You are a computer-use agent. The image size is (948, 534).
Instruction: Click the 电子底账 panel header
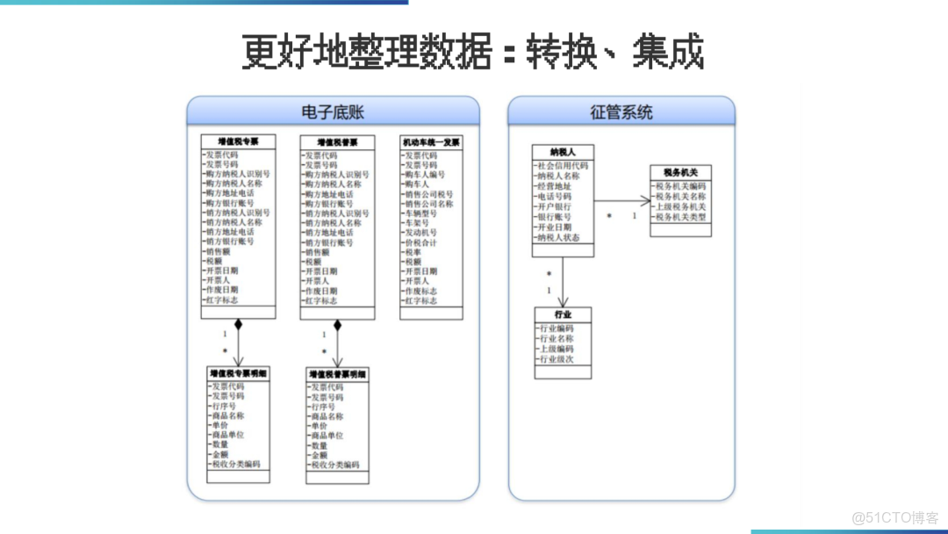(x=333, y=112)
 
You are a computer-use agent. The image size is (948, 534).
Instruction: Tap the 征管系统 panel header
(x=621, y=112)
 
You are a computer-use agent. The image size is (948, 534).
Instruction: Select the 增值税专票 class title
(x=238, y=141)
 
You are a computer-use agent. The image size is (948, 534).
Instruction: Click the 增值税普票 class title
(x=337, y=142)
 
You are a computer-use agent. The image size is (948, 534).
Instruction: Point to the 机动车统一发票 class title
(x=431, y=142)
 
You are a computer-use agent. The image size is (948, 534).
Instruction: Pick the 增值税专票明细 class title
(x=239, y=374)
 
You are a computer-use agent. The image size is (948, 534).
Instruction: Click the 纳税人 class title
(x=563, y=152)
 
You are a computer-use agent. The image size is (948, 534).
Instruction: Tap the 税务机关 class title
(x=680, y=173)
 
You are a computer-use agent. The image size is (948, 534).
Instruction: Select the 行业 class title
(x=563, y=314)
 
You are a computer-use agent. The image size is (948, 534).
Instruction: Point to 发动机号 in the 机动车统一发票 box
(x=420, y=233)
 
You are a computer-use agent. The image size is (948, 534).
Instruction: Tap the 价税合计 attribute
(x=420, y=242)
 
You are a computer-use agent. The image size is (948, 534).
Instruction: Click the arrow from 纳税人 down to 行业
(x=563, y=281)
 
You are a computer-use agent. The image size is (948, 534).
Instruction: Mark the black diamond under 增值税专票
(x=238, y=325)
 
